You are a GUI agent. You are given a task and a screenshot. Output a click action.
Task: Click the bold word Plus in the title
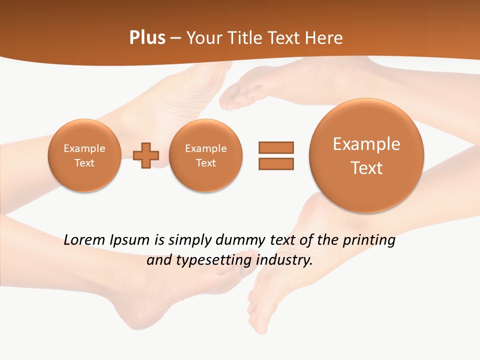pos(147,38)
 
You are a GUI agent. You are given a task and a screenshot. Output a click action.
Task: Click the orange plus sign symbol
pos(146,155)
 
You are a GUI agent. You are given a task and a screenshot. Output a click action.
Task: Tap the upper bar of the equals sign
pos(276,147)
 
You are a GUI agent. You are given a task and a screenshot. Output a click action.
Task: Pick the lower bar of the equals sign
pos(276,163)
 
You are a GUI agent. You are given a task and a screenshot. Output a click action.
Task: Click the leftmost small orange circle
pos(84,155)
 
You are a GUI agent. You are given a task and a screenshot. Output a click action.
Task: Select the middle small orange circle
pos(206,155)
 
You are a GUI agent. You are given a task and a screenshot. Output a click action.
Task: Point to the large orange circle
pos(366,155)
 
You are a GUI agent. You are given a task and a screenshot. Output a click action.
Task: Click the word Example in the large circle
pos(366,144)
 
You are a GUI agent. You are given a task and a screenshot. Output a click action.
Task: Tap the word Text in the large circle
pos(366,168)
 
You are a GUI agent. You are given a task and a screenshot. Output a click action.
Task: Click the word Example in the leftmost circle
pos(84,148)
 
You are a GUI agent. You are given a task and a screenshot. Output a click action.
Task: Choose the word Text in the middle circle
pos(206,163)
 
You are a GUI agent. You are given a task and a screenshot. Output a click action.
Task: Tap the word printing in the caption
pos(369,240)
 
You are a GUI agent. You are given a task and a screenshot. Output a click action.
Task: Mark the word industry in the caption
pos(283,260)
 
